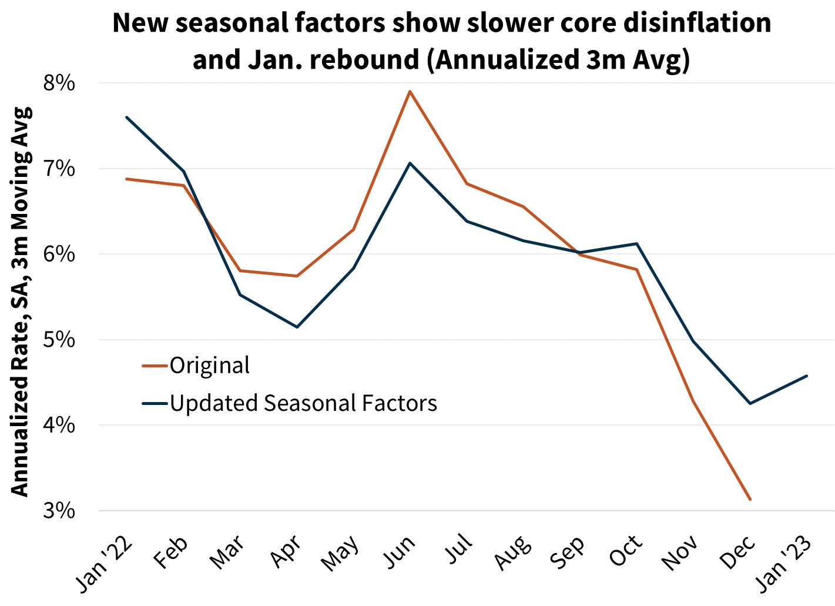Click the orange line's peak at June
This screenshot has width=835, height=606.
(x=410, y=91)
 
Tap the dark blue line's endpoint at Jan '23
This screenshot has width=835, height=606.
(x=807, y=376)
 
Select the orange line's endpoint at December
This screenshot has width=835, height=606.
(x=750, y=500)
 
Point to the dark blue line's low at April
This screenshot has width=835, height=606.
(x=297, y=327)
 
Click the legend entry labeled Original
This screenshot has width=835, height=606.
(x=209, y=366)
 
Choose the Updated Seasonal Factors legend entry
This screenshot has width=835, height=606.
(x=303, y=403)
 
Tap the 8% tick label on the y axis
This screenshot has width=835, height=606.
(x=60, y=83)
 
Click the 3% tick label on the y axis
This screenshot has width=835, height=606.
(x=60, y=510)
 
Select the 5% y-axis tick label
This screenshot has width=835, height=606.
(x=60, y=340)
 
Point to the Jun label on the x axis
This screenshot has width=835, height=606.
(x=401, y=553)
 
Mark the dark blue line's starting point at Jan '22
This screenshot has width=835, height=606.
(x=126, y=117)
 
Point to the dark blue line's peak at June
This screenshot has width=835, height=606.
(x=410, y=163)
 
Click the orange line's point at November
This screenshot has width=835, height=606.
(x=693, y=401)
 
